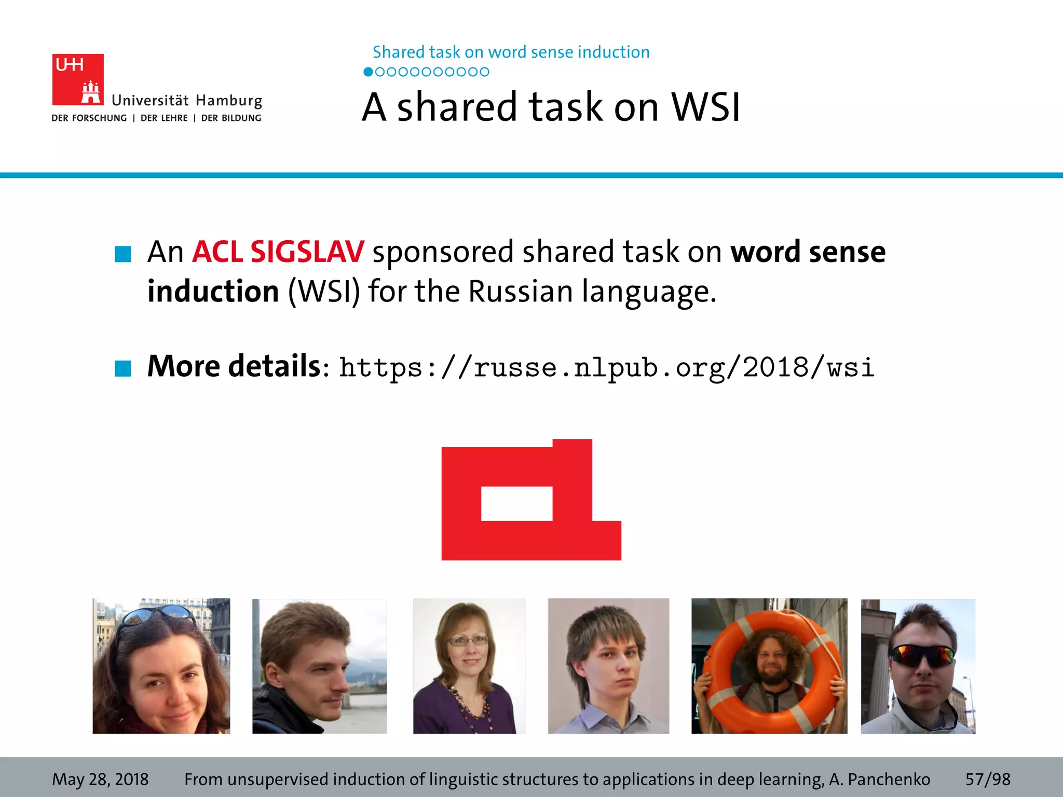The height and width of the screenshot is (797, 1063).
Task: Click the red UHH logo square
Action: click(x=77, y=79)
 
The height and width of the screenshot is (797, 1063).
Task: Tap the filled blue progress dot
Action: click(x=368, y=72)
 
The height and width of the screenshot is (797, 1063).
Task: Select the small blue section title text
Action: click(x=511, y=52)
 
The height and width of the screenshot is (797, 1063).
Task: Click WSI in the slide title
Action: click(x=706, y=107)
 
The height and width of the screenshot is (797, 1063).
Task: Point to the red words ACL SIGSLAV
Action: click(x=278, y=252)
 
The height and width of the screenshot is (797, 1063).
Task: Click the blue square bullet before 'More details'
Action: click(x=123, y=368)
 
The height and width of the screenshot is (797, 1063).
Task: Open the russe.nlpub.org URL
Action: click(x=606, y=368)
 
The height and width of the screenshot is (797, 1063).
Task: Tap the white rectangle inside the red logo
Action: click(x=516, y=503)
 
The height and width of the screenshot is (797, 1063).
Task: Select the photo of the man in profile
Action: click(x=319, y=666)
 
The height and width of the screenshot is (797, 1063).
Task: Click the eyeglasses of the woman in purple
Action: click(x=468, y=641)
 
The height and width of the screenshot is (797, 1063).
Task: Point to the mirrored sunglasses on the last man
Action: click(x=921, y=656)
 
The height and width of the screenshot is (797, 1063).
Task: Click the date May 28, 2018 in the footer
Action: click(x=100, y=779)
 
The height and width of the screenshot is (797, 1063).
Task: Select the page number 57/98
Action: click(x=988, y=779)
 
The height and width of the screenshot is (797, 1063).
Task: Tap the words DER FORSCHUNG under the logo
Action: click(x=89, y=118)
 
